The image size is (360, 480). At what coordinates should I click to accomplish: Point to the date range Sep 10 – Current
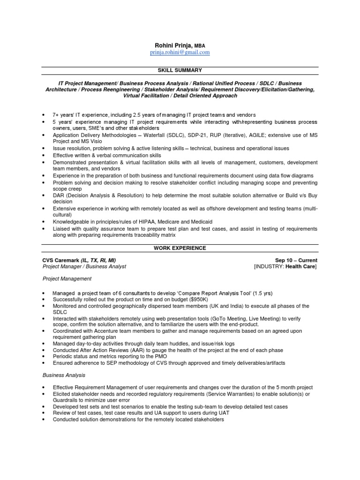[x=296, y=260]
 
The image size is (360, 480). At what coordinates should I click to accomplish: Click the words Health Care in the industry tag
[x=300, y=267]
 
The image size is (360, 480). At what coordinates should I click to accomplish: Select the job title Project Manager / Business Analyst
[x=84, y=267]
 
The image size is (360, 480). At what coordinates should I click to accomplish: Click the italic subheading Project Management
[x=67, y=278]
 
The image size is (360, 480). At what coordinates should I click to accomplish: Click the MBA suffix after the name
[x=200, y=45]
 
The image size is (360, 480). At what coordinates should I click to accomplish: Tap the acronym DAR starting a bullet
[x=59, y=195]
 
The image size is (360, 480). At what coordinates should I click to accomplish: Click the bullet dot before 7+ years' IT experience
[x=43, y=115]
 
